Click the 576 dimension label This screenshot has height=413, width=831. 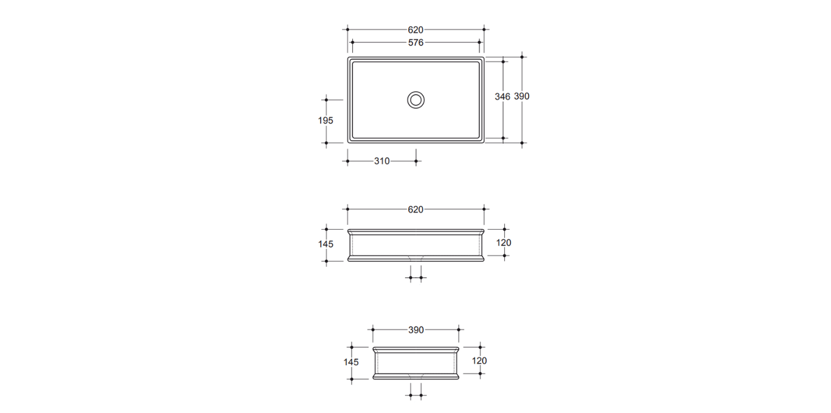point(415,43)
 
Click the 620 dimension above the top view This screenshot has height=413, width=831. point(415,30)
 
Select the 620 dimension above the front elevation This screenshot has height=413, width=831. point(415,210)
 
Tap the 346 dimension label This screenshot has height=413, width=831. point(502,97)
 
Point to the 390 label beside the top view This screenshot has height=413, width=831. point(521,96)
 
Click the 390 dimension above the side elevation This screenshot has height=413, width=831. point(416,330)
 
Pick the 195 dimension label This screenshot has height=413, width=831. point(325,121)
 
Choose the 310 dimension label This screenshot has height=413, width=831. point(382,161)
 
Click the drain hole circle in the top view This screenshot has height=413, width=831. point(415,92)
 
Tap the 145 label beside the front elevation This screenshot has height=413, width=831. point(325,244)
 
